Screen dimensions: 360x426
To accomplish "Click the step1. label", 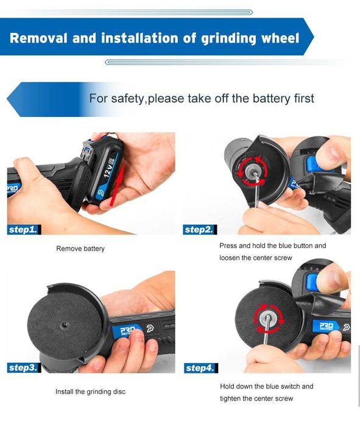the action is click(x=24, y=230).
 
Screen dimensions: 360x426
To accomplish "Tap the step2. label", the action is click(x=200, y=230).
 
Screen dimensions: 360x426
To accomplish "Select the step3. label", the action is click(x=24, y=368).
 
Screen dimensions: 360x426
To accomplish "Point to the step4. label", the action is click(x=201, y=368).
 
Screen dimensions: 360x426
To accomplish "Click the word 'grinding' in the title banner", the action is click(x=228, y=38).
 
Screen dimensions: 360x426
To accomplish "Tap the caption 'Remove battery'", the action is click(x=80, y=249).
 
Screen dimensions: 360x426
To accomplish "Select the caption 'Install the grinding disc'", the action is click(x=90, y=391).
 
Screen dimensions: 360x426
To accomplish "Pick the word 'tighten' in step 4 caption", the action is click(x=230, y=399).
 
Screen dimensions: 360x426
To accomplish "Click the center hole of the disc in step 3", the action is click(x=65, y=324).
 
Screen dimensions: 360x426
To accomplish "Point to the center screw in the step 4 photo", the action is click(x=267, y=318).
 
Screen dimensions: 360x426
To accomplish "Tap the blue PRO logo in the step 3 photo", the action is click(x=127, y=331).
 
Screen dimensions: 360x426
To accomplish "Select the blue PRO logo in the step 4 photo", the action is click(x=326, y=326).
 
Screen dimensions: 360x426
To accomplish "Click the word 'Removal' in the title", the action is click(x=38, y=38).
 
